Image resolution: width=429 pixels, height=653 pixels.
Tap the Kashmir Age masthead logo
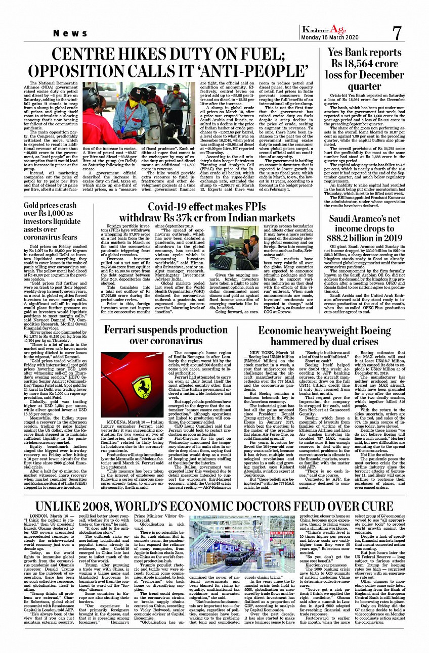click(324, 30)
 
